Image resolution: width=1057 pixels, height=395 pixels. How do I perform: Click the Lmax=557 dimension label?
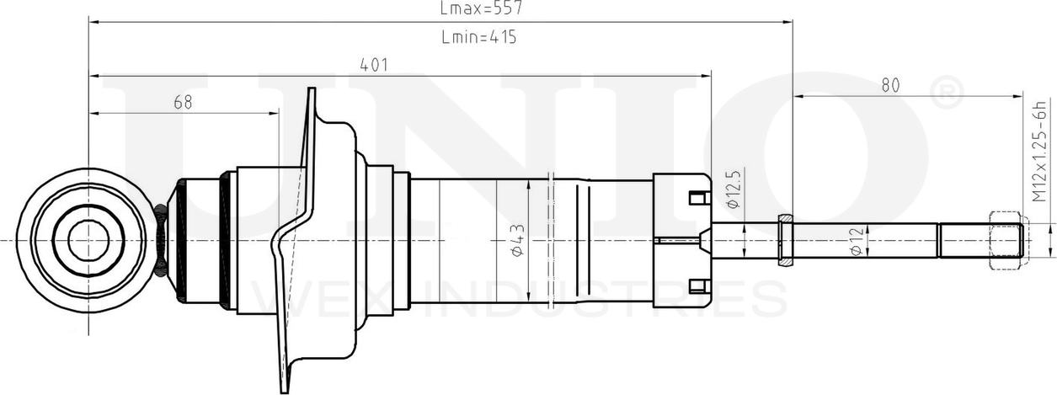pyautogui.click(x=481, y=8)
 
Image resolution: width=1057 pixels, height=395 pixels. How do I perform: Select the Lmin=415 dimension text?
pyautogui.click(x=479, y=37)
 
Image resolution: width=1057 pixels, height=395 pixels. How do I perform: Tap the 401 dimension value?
pyautogui.click(x=374, y=65)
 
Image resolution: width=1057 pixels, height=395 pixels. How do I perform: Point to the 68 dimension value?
pyautogui.click(x=183, y=102)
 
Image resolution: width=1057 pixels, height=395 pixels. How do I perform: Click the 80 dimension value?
pyautogui.click(x=890, y=85)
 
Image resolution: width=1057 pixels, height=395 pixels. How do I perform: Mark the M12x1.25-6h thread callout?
pyautogui.click(x=1039, y=151)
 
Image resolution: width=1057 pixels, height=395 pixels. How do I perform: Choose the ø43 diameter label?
pyautogui.click(x=518, y=240)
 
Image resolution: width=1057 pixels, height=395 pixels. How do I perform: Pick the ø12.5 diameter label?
pyautogui.click(x=734, y=189)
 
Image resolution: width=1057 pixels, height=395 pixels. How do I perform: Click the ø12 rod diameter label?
pyautogui.click(x=857, y=241)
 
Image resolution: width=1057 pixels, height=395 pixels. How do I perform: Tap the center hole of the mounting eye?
pyautogui.click(x=88, y=240)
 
